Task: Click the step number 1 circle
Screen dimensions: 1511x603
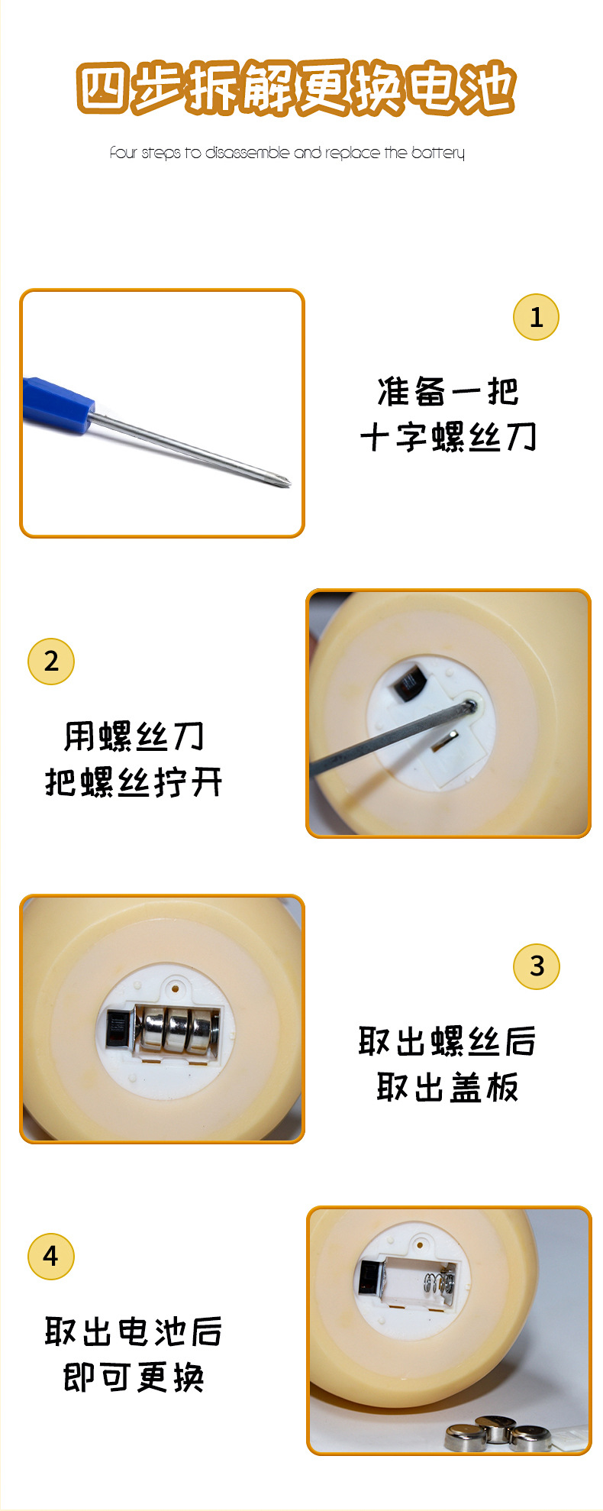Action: [536, 317]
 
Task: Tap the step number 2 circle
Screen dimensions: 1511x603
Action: [51, 662]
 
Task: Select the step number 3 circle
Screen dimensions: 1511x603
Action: [537, 966]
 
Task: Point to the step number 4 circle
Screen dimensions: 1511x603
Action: [51, 1257]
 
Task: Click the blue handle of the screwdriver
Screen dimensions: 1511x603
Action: [57, 400]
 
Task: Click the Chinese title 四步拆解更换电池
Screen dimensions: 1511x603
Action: [296, 89]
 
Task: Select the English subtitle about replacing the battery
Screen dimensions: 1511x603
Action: [287, 153]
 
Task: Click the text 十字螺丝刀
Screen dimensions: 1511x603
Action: [448, 438]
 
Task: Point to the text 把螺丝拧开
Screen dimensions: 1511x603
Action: [134, 782]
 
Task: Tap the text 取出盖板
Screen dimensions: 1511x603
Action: [448, 1086]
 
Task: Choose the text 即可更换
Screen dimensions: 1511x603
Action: [134, 1377]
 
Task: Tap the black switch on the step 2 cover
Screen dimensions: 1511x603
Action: [408, 681]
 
